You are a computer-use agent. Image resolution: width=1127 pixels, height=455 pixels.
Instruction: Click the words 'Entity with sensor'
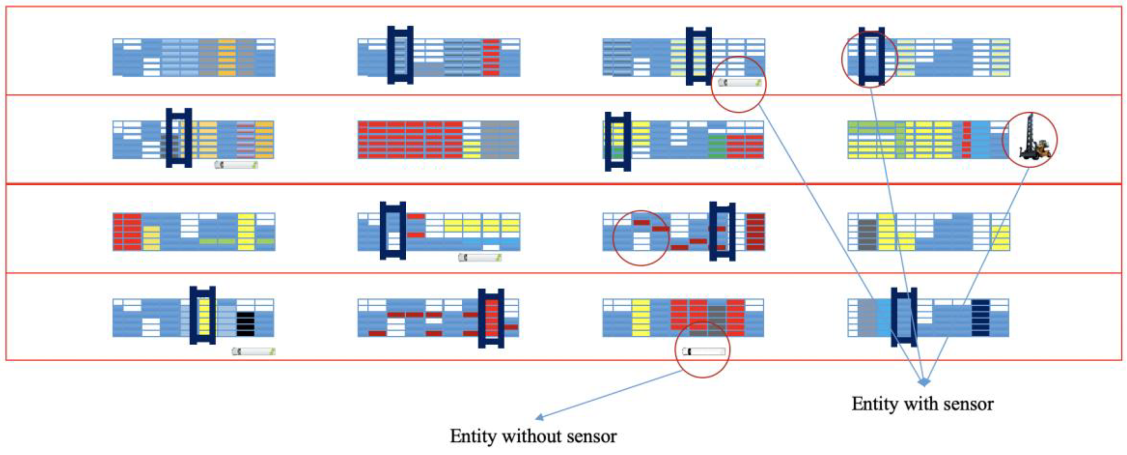922,404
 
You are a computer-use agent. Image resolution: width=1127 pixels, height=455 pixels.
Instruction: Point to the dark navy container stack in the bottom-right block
980,318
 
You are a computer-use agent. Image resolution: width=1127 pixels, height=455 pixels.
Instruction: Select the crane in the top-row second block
400,55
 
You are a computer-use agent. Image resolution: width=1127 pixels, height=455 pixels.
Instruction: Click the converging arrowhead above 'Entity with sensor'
924,382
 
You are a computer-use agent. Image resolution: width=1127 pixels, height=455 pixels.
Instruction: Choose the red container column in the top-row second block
491,57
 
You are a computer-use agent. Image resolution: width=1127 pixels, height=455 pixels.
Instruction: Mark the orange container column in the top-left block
227,57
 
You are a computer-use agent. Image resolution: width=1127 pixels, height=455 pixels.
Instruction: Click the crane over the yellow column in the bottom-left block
202,315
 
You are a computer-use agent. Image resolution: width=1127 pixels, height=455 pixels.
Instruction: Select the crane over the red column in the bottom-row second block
491,318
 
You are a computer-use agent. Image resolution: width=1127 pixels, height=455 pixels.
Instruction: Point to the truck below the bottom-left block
253,351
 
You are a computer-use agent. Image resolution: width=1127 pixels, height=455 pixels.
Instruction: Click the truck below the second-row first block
236,165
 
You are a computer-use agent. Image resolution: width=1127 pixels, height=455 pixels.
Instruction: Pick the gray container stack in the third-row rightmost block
867,235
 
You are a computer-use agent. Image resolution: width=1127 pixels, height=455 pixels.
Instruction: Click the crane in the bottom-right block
904,317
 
